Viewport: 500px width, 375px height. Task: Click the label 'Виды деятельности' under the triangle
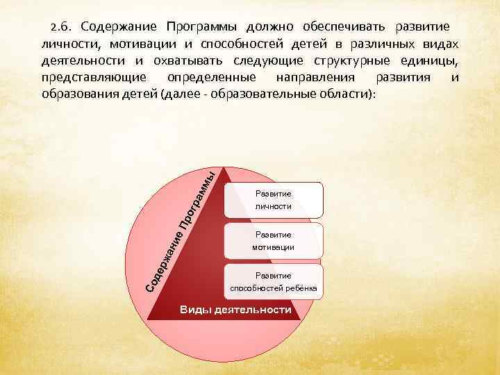point(235,310)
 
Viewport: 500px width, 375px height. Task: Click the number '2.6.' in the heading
point(61,27)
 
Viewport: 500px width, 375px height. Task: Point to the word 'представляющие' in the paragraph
point(85,77)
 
